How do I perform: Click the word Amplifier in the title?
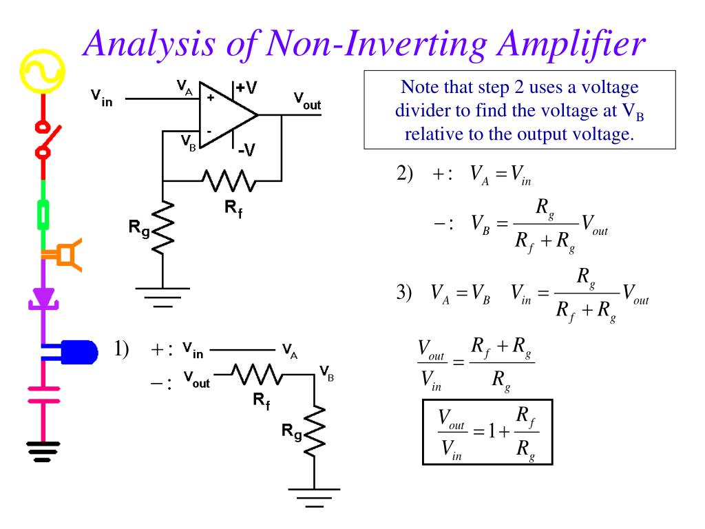pos(571,43)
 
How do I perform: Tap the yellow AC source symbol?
pos(43,71)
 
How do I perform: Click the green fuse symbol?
pos(43,216)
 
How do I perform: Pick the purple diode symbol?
pos(43,299)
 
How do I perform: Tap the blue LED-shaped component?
pos(74,352)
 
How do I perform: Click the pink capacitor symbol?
pos(43,395)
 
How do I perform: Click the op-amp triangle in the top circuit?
pos(225,115)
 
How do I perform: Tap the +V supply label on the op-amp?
pos(246,87)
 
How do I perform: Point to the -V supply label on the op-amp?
pos(246,149)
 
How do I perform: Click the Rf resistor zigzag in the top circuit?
pos(229,181)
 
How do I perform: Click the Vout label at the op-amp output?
pos(307,101)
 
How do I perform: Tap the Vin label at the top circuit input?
pos(102,98)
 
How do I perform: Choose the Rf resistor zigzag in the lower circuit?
pos(257,374)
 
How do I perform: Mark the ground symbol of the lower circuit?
pos(314,497)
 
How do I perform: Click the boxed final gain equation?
pos(487,432)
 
